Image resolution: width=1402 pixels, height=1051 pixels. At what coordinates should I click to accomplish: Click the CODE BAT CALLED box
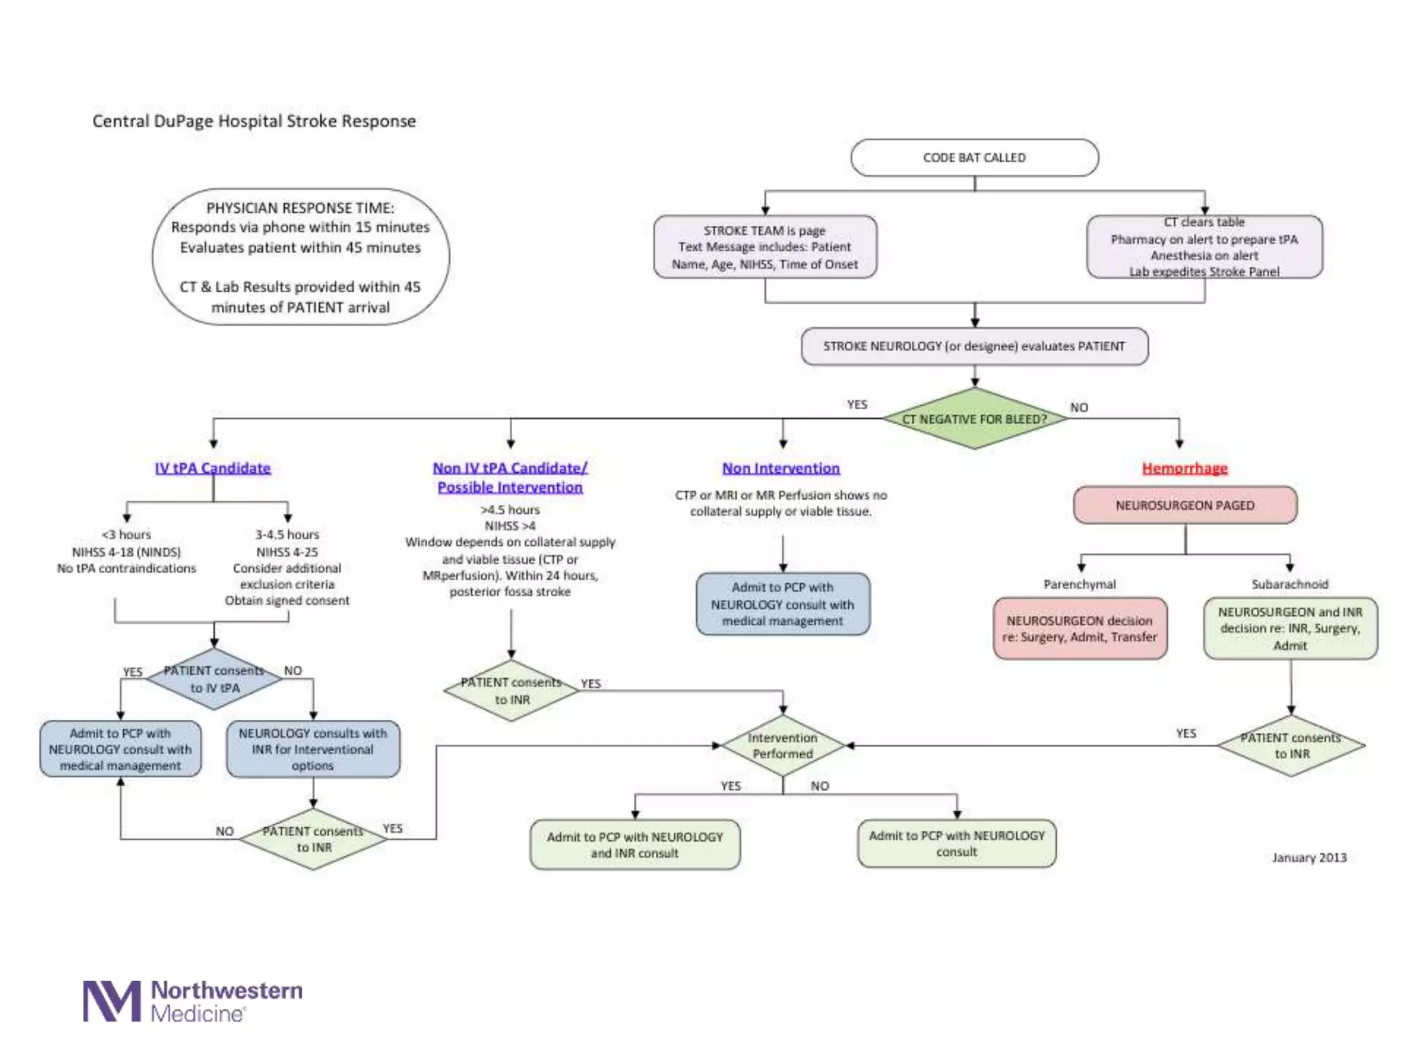(974, 158)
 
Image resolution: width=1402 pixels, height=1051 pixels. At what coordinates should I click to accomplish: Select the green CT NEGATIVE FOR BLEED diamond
(974, 419)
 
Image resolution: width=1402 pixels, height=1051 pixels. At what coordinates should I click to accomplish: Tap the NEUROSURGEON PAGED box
(1185, 506)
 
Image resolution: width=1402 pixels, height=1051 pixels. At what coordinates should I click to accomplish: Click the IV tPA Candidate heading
(213, 468)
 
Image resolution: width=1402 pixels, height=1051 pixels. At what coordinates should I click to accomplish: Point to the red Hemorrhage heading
(1184, 468)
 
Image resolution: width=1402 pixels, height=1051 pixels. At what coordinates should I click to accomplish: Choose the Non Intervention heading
(781, 468)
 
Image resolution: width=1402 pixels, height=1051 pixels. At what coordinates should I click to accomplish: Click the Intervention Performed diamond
(782, 746)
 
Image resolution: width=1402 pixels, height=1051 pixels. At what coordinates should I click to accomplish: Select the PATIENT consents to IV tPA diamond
(215, 679)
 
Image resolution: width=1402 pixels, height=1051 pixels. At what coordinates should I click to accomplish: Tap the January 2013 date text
(1309, 857)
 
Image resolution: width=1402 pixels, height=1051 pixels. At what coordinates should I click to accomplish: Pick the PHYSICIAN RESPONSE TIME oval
(301, 257)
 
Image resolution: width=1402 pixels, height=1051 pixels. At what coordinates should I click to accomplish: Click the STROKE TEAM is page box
(765, 247)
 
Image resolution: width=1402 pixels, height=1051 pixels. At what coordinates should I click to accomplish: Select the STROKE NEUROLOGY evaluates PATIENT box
(974, 346)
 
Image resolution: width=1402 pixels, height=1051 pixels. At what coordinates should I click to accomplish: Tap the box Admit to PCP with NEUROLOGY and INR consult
(635, 845)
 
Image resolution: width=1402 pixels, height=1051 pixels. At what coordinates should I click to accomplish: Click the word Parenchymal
(1080, 584)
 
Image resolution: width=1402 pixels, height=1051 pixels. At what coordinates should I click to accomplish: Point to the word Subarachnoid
(1290, 584)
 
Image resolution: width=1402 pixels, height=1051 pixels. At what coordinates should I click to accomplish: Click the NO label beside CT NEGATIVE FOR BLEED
(1079, 408)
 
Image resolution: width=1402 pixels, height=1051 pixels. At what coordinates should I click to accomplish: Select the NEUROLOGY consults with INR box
(313, 749)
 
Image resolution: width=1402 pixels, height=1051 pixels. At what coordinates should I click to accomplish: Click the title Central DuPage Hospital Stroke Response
(254, 121)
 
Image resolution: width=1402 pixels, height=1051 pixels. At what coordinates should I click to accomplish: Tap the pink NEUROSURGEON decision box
(1080, 629)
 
